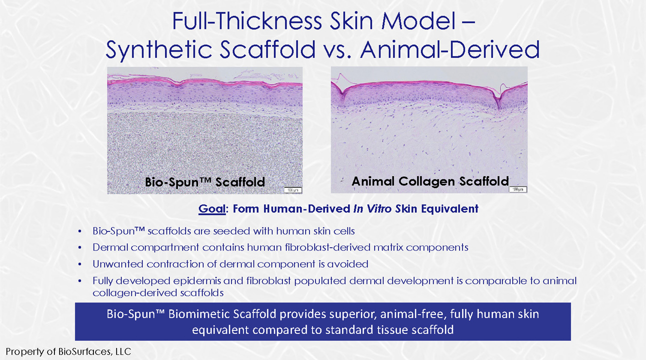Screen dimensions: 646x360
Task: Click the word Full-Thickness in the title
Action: click(247, 21)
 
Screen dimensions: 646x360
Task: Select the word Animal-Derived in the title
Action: click(450, 49)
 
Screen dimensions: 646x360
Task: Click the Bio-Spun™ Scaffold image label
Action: click(205, 182)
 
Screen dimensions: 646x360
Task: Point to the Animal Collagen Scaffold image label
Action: click(430, 181)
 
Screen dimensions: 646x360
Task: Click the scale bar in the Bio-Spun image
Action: click(293, 190)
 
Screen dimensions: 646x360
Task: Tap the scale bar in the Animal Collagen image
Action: click(518, 189)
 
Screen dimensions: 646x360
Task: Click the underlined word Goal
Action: click(211, 208)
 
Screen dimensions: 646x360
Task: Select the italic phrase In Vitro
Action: click(372, 208)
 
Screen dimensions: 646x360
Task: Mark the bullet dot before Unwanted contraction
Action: click(80, 264)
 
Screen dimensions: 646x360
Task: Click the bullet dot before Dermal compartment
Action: click(80, 247)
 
